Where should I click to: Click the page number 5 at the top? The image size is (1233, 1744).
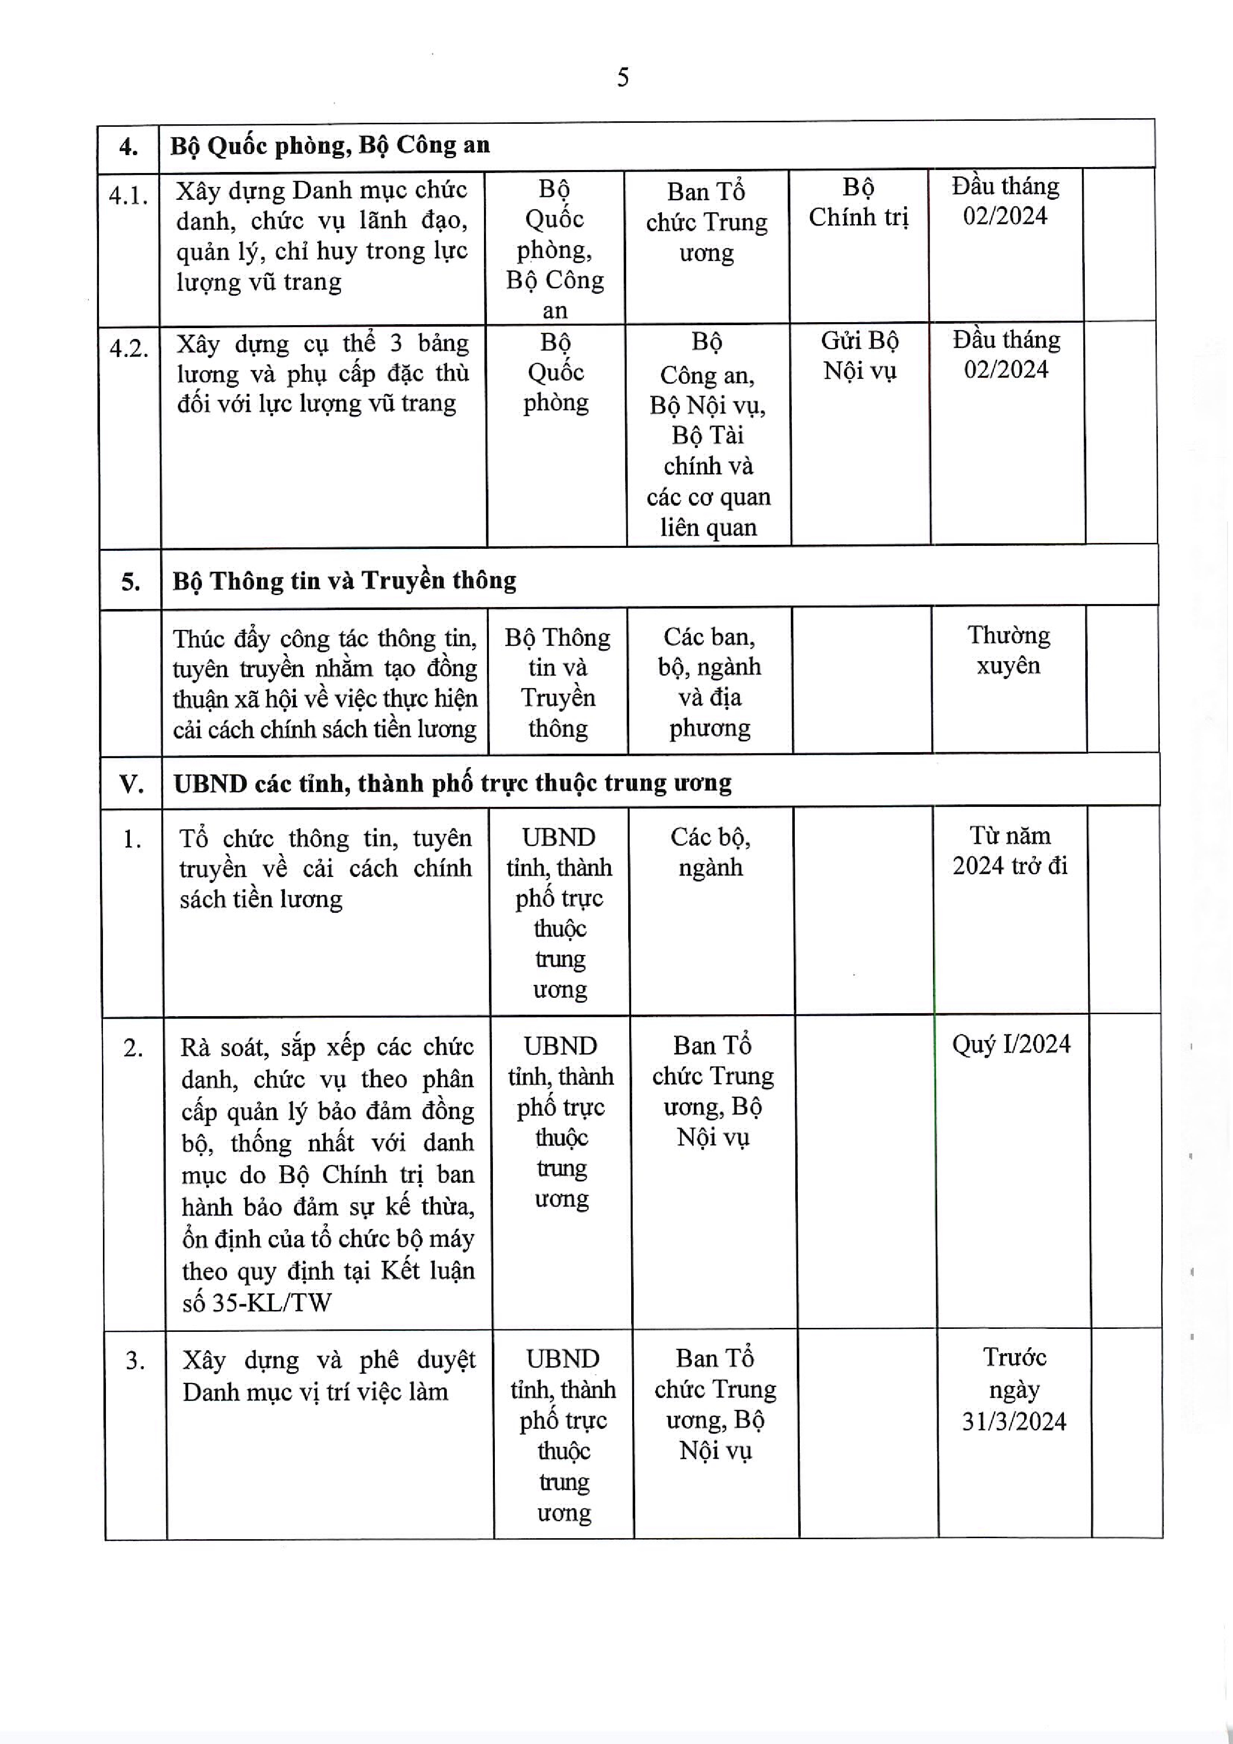[622, 78]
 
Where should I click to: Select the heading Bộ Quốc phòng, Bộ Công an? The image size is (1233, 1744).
[330, 145]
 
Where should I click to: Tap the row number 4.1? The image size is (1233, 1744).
[128, 196]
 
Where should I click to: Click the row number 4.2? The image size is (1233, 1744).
[129, 349]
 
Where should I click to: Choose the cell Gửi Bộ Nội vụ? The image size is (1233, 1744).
[860, 355]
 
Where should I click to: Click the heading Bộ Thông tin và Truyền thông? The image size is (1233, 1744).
[344, 581]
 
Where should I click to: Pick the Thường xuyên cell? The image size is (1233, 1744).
[1008, 650]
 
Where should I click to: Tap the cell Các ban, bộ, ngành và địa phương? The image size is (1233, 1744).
[710, 682]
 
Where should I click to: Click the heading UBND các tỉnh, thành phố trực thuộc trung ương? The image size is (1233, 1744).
[452, 783]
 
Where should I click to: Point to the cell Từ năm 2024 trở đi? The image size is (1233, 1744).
[1010, 851]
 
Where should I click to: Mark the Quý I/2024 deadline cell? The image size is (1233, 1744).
[1011, 1045]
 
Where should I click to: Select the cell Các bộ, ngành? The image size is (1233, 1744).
[710, 852]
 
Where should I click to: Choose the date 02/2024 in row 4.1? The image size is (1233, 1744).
[1005, 216]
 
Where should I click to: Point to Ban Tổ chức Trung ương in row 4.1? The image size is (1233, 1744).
[706, 222]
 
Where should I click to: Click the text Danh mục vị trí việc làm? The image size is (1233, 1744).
[315, 1392]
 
